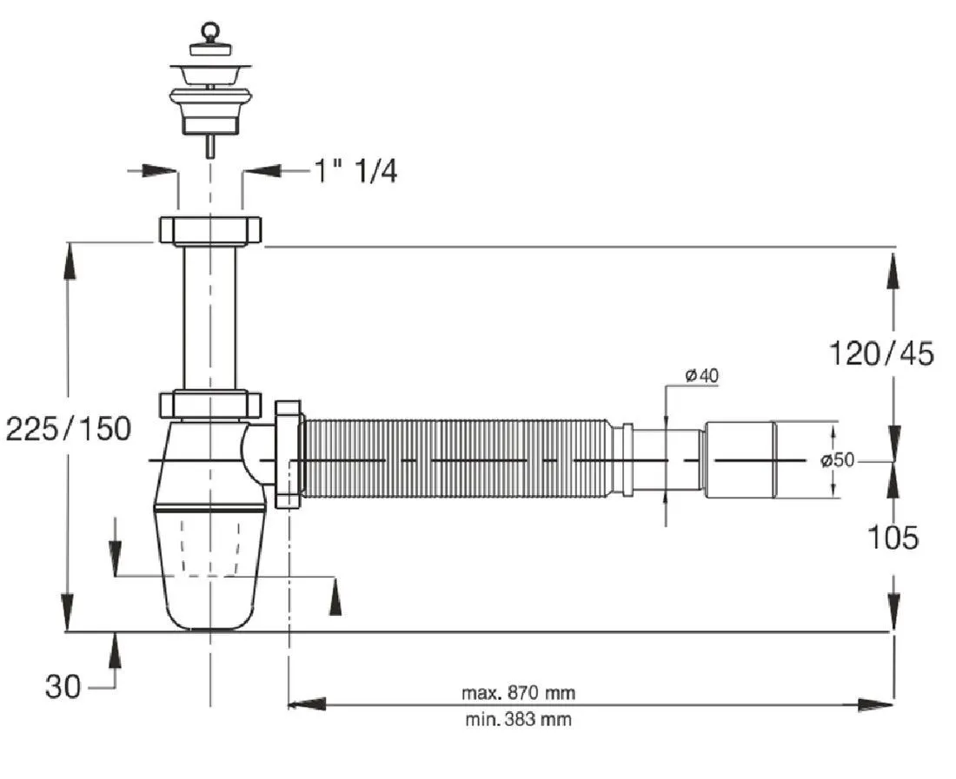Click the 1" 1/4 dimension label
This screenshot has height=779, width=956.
click(x=356, y=171)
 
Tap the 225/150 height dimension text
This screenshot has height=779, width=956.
click(x=69, y=428)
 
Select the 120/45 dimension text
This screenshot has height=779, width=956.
click(x=881, y=353)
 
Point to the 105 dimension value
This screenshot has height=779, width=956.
click(x=893, y=538)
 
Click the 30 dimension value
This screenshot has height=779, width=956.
click(x=63, y=686)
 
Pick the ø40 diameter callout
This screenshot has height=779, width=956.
click(x=701, y=375)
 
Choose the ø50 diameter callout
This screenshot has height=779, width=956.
click(x=837, y=460)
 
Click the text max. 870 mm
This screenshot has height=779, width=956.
click(x=518, y=692)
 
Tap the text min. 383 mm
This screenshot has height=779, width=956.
click(x=518, y=720)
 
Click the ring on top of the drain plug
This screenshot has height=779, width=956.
click(x=209, y=30)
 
